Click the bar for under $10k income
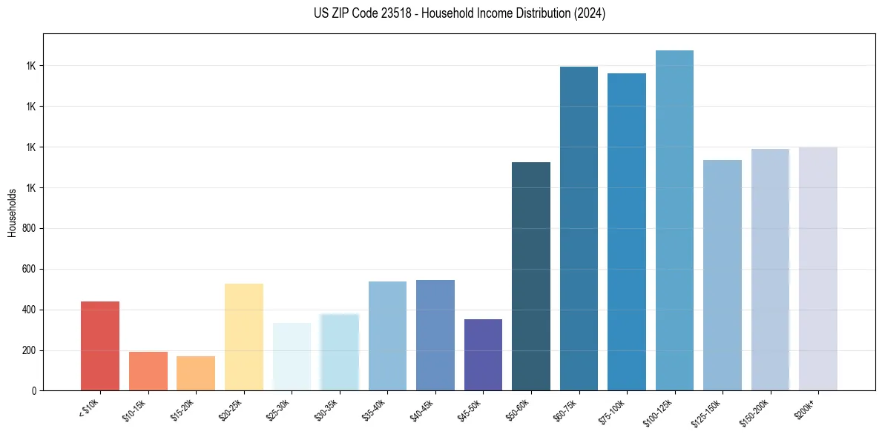tap(100, 346)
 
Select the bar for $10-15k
tap(148, 371)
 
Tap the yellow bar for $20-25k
tap(243, 337)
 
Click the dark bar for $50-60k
tap(531, 276)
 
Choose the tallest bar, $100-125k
tap(674, 221)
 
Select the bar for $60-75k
tap(579, 229)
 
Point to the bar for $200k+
tap(818, 269)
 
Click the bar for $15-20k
tap(196, 373)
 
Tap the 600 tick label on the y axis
tap(30, 270)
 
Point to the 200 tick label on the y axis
tap(30, 350)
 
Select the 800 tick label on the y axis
tap(30, 229)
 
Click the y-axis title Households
tap(12, 212)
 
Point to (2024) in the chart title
tap(590, 13)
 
